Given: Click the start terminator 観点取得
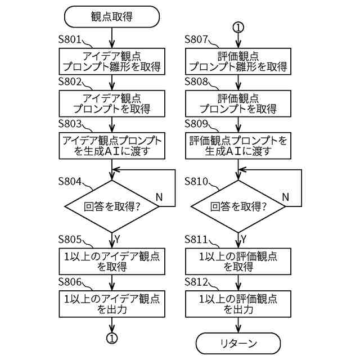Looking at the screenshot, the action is click(112, 16).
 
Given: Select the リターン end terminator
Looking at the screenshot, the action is click(238, 343).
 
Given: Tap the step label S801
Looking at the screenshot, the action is click(70, 39).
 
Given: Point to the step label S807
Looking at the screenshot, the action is click(196, 39).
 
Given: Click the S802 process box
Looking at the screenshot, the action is click(112, 103).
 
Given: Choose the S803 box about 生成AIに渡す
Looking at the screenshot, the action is click(112, 146).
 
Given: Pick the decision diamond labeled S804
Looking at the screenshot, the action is click(112, 206).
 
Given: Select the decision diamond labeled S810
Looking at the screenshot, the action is click(238, 206).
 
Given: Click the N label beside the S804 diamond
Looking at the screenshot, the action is click(159, 197).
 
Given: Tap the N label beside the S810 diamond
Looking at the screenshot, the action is click(285, 197).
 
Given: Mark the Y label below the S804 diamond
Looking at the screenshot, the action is click(118, 239).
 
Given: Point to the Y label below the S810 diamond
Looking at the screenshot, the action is click(244, 239).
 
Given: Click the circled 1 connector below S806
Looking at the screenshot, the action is click(112, 338).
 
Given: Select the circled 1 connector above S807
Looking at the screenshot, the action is click(238, 28).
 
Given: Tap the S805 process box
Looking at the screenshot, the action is click(112, 261).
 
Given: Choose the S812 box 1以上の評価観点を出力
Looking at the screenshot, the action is click(238, 304).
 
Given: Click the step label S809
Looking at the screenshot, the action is click(196, 124).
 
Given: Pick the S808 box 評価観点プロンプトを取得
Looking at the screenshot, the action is click(238, 103).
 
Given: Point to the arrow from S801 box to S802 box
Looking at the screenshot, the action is click(112, 83).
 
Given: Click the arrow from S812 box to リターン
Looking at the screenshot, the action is click(238, 325).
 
